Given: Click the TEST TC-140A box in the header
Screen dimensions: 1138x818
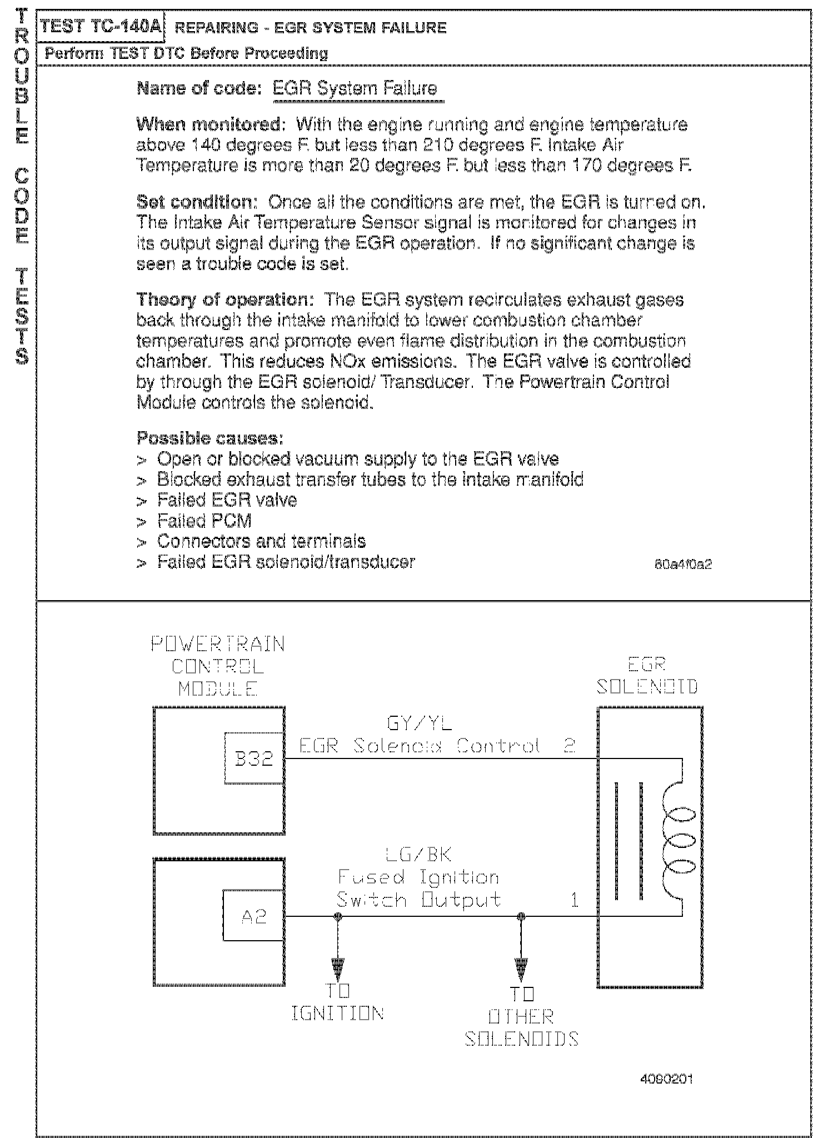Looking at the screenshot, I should (101, 27).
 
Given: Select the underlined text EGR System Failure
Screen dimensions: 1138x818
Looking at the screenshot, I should (355, 89).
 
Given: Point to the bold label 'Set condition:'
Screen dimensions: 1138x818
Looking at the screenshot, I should (198, 202).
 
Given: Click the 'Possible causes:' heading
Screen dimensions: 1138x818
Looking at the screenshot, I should (210, 438).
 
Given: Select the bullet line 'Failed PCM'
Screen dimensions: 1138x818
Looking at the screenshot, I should (204, 521).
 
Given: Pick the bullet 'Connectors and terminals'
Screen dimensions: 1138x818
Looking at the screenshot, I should (261, 541).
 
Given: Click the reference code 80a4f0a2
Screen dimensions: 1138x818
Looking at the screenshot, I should (683, 565).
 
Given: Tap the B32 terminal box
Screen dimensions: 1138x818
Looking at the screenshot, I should (254, 758).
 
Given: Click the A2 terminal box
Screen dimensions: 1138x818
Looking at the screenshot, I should (253, 916).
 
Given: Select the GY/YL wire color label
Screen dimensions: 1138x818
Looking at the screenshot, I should (420, 723).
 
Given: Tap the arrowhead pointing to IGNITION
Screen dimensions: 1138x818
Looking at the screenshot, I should (338, 970).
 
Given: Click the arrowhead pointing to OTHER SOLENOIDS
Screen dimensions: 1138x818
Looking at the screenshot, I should (521, 971).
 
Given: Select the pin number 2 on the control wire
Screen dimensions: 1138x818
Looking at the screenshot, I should (568, 746).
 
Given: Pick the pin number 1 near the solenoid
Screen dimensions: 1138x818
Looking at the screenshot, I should (575, 900).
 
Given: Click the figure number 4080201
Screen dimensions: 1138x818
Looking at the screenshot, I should (666, 1080).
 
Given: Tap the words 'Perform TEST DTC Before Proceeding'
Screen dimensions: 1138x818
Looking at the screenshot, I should (186, 54).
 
